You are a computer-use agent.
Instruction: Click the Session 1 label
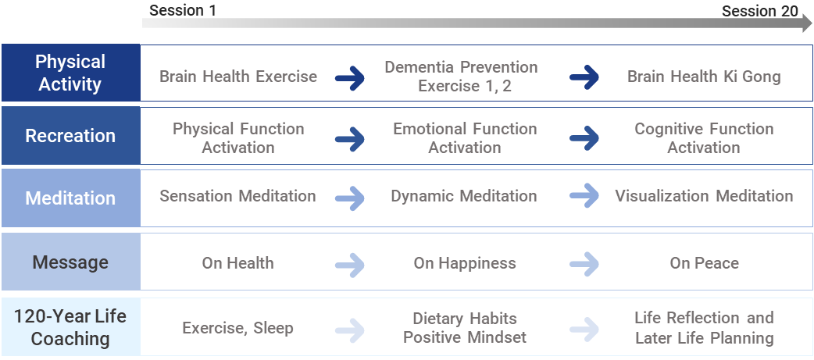(x=182, y=11)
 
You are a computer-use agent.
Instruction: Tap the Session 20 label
(x=760, y=11)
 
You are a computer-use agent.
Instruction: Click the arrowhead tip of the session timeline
(x=812, y=23)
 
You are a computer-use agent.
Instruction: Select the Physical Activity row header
(x=70, y=73)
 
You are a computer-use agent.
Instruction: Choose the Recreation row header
(x=70, y=135)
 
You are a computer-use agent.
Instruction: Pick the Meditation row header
(x=70, y=198)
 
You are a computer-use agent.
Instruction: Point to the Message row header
(x=70, y=262)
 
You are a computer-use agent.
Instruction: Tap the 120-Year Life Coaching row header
(x=70, y=327)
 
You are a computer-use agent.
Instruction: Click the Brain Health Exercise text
(x=238, y=77)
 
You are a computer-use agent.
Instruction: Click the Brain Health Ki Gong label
(x=704, y=77)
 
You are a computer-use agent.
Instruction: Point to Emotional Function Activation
(x=465, y=138)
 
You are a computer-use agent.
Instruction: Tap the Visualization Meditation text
(x=704, y=196)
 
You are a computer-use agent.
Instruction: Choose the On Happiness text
(x=465, y=263)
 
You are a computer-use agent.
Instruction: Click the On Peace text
(x=704, y=263)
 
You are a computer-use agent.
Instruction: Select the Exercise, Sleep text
(x=237, y=328)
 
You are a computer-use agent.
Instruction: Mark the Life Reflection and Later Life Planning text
(x=704, y=328)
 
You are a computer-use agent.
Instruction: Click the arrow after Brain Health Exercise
(x=350, y=78)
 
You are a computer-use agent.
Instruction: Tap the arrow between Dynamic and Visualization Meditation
(x=584, y=195)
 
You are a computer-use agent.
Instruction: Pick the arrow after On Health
(x=350, y=265)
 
